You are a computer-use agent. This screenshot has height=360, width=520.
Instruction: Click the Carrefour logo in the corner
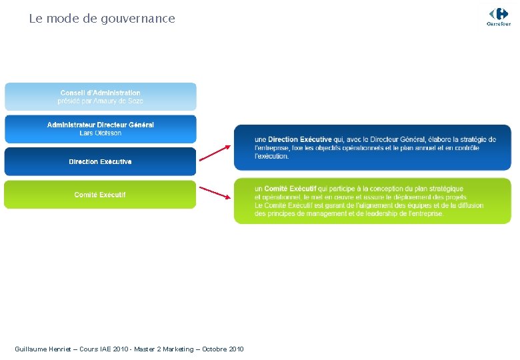click(499, 16)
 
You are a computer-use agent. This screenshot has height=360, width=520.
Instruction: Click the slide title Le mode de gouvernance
click(102, 19)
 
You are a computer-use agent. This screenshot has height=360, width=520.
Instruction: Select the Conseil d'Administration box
click(101, 97)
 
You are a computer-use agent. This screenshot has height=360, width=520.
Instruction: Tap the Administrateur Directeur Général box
click(101, 129)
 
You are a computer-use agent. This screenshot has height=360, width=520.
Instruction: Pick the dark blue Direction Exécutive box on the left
click(101, 162)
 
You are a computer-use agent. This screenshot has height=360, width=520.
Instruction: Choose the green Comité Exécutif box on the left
click(101, 195)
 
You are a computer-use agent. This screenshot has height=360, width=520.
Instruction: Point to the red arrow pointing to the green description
click(215, 193)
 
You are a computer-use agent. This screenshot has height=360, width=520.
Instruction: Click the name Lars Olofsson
click(101, 133)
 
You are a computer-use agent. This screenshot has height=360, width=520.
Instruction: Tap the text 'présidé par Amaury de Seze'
click(101, 101)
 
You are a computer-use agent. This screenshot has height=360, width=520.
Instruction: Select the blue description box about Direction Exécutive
click(373, 147)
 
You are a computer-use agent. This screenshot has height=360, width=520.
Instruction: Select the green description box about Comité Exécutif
click(373, 201)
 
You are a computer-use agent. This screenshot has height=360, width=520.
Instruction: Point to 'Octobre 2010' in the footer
click(223, 349)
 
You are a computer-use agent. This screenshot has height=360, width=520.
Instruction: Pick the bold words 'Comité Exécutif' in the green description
click(290, 189)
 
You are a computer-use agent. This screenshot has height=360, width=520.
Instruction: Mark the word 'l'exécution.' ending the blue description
click(272, 156)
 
